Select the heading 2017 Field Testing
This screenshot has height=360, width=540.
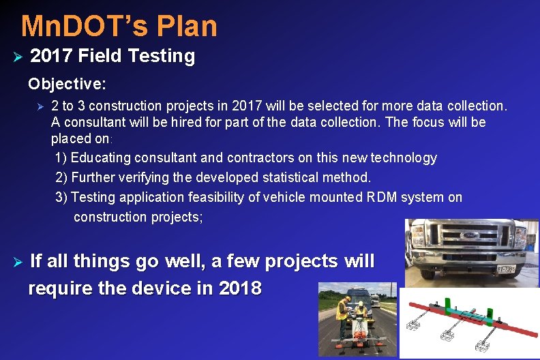(x=112, y=56)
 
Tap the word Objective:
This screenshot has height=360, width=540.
(x=67, y=85)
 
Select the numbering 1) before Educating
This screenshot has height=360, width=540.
(x=61, y=158)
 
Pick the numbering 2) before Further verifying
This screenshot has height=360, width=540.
(x=61, y=178)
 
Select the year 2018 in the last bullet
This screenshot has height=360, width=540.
(x=240, y=288)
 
